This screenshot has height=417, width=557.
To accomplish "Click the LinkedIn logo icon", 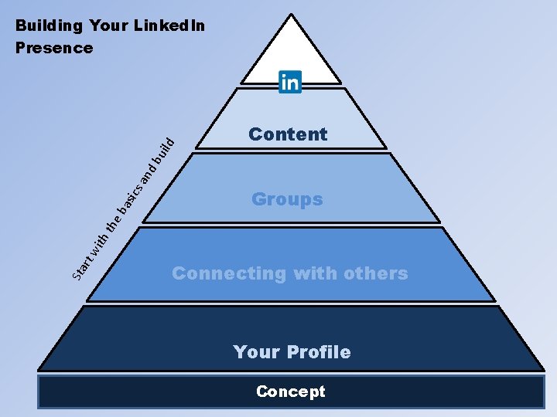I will point(289,82).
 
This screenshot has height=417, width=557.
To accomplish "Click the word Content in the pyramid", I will point(288,134).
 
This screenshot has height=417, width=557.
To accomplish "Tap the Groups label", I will point(287,199).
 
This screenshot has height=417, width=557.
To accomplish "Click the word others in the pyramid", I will point(374,273).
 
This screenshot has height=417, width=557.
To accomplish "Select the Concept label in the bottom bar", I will point(291,392).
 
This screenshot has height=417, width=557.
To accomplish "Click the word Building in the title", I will point(49,25).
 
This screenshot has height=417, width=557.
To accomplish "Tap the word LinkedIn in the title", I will point(169,25).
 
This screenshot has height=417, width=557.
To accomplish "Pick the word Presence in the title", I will point(54,48).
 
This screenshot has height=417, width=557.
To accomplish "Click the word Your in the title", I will point(109,25).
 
